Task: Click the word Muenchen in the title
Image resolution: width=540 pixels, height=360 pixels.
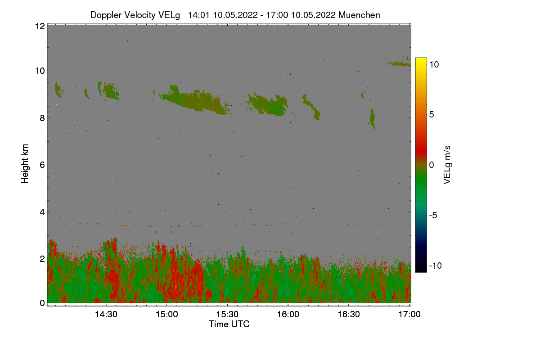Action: click(x=359, y=15)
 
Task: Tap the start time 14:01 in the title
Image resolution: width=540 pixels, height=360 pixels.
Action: click(x=198, y=15)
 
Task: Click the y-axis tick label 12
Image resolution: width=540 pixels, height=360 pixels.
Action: click(x=40, y=26)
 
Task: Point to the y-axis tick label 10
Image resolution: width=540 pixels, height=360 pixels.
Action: click(x=40, y=71)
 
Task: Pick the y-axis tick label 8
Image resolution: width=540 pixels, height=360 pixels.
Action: click(x=42, y=118)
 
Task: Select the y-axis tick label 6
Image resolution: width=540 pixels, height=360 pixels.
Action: click(x=42, y=165)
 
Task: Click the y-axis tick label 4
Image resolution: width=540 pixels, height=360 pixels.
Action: click(x=42, y=212)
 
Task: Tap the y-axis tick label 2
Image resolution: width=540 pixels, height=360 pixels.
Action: click(x=42, y=259)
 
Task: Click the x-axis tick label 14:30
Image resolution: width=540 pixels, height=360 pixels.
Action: click(x=106, y=315)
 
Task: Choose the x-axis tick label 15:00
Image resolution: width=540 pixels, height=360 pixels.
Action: click(x=166, y=315)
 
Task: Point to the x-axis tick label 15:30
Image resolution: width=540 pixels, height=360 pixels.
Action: click(x=227, y=315)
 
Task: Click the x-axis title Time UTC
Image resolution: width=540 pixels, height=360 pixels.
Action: click(x=229, y=324)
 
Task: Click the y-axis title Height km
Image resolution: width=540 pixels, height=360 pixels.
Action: click(x=25, y=164)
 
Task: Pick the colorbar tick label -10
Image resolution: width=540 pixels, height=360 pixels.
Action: click(x=436, y=265)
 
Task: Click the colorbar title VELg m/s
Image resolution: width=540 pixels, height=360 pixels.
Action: click(x=447, y=164)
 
